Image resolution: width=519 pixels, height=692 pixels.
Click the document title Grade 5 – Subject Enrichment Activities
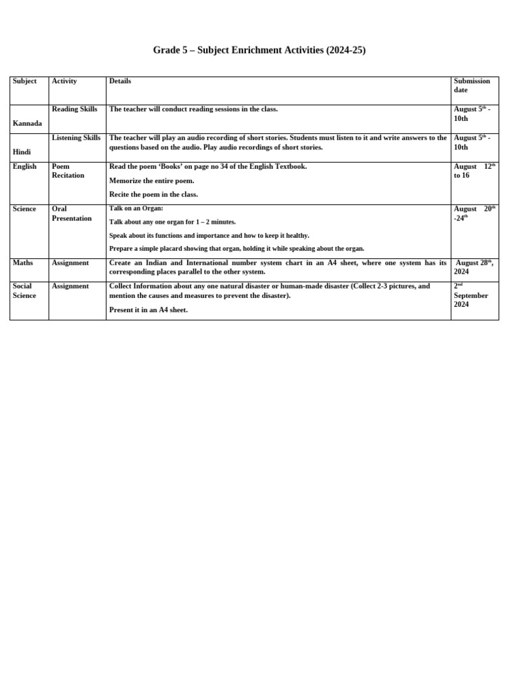(259, 50)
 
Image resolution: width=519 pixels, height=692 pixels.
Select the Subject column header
(24, 81)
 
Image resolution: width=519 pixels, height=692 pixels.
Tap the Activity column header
(64, 81)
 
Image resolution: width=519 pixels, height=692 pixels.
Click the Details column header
(120, 81)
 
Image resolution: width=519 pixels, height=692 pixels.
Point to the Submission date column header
(472, 85)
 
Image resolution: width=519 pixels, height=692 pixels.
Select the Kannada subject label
(27, 124)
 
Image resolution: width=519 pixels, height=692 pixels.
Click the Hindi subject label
(22, 152)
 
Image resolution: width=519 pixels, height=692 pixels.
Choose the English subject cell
(24, 166)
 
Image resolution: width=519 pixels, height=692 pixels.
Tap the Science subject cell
(24, 209)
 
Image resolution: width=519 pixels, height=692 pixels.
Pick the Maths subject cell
(23, 263)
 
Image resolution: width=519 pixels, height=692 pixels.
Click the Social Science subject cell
(24, 291)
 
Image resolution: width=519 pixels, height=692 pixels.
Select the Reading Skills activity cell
(74, 109)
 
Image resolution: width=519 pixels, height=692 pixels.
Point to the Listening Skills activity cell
(76, 138)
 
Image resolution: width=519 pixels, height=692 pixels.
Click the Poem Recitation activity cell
(68, 171)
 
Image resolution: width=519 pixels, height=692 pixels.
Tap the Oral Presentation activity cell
(72, 214)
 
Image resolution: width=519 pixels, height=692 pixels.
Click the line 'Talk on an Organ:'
(136, 208)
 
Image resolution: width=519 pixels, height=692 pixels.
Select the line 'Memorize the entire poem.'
(151, 180)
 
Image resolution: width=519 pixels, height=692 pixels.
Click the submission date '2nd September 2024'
(471, 295)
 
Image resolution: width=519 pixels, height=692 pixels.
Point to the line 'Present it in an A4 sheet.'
(148, 310)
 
